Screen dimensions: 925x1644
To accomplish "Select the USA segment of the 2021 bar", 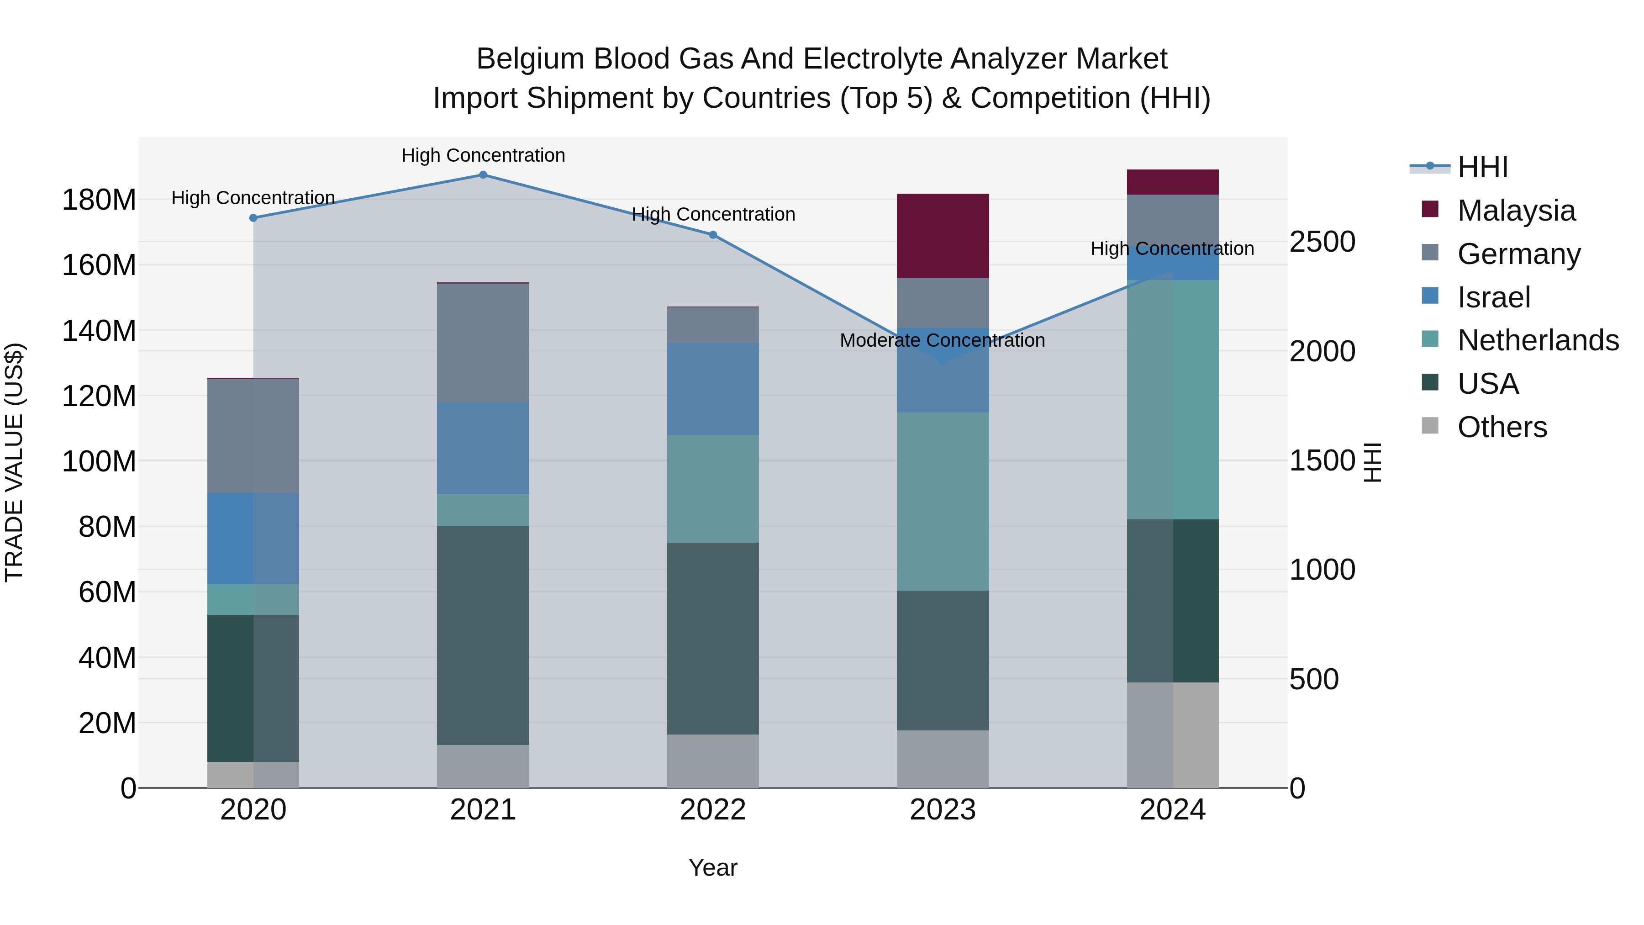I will click(x=483, y=635).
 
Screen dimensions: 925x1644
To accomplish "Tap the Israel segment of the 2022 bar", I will click(x=713, y=389).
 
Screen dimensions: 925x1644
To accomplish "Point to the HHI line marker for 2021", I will click(x=483, y=175).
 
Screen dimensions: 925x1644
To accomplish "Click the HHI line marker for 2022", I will click(x=713, y=235).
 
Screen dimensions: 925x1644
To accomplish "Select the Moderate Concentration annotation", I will click(x=942, y=340).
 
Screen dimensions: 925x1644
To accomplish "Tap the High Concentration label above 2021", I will click(x=483, y=155).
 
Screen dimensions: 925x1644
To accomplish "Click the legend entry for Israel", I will click(x=1493, y=297).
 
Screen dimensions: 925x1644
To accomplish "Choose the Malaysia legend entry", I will click(x=1516, y=211).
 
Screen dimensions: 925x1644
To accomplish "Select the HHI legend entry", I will click(x=1482, y=167).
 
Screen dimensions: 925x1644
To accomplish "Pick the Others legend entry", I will click(x=1502, y=427).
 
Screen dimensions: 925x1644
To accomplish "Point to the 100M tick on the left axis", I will click(x=99, y=461).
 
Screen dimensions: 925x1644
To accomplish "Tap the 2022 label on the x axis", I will click(x=713, y=810).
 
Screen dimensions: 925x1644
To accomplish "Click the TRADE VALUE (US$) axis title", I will click(x=14, y=462).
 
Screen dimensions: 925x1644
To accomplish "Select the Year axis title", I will click(x=713, y=867).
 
